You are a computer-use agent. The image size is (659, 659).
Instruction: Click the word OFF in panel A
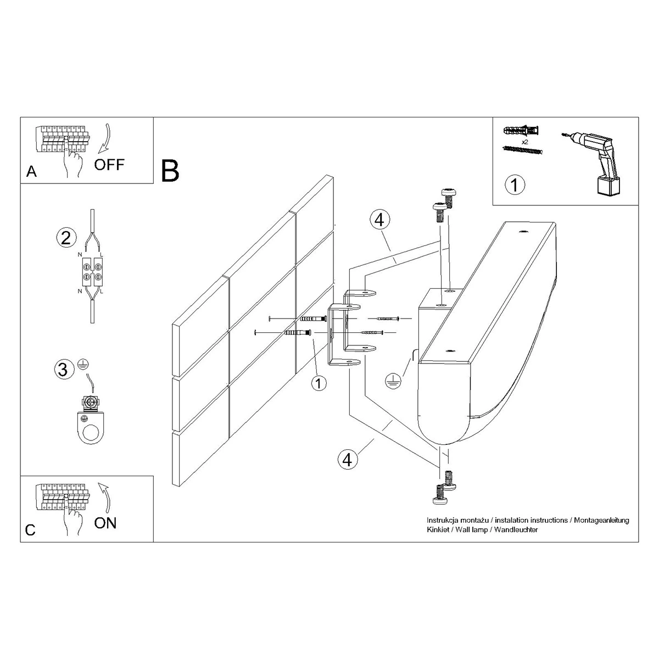pyautogui.click(x=109, y=164)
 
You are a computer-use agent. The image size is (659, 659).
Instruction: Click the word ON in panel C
pyautogui.click(x=105, y=522)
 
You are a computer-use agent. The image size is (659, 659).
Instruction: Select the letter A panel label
pyautogui.click(x=31, y=172)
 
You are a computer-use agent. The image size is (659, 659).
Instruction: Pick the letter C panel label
pyautogui.click(x=31, y=530)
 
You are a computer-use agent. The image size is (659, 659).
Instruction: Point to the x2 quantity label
pyautogui.click(x=525, y=141)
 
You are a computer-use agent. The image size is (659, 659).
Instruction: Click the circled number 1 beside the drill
pyautogui.click(x=515, y=185)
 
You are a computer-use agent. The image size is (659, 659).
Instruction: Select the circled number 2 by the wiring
pyautogui.click(x=65, y=238)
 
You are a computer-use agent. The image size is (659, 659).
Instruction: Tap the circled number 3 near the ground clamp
pyautogui.click(x=63, y=369)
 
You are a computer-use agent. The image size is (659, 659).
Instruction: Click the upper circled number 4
pyautogui.click(x=379, y=220)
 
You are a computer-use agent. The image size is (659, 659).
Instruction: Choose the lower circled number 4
pyautogui.click(x=347, y=459)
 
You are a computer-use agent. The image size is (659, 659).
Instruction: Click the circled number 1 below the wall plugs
pyautogui.click(x=318, y=382)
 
